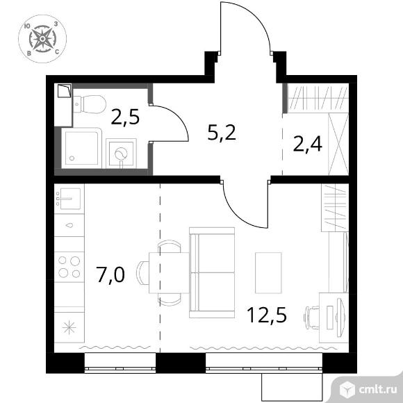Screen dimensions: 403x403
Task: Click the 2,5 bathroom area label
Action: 125,117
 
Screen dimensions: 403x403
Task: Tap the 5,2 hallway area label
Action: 222,132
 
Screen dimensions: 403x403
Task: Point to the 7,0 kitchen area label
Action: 110,274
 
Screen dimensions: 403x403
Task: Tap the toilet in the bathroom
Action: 90,104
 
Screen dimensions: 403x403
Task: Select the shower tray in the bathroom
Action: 81,148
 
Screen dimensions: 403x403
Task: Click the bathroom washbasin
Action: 121,153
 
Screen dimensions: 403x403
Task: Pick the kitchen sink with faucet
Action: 69,198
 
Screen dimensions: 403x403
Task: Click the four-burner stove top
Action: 69,267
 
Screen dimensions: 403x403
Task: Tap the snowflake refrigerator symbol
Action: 69,328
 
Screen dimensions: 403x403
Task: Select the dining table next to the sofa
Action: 169,272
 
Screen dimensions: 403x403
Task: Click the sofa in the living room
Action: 212,272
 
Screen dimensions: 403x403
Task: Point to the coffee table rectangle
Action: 268,272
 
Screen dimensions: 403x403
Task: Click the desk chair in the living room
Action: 311,318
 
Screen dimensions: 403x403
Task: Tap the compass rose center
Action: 42,39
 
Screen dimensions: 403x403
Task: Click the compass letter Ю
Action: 27,26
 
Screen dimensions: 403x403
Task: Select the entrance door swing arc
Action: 254,15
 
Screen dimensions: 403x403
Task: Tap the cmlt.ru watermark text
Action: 377,390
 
